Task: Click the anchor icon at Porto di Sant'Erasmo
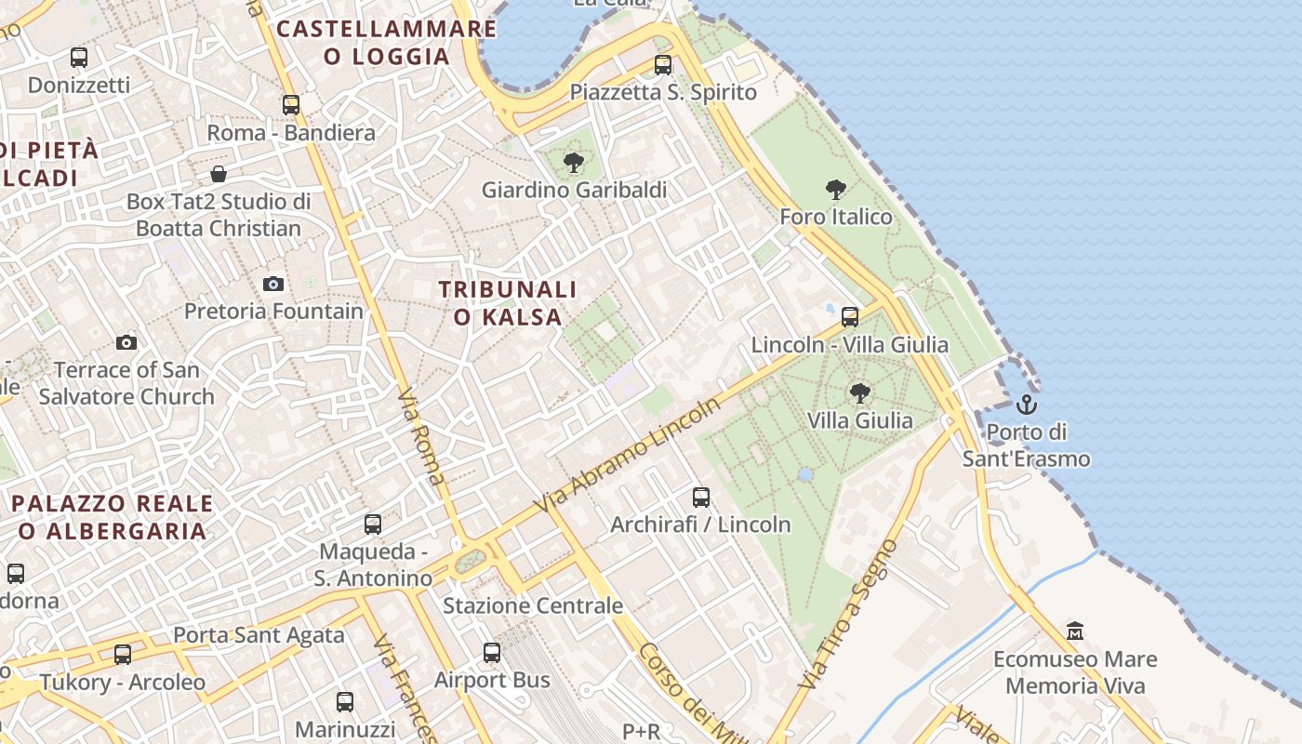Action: [1026, 405]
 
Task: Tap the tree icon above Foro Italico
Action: [836, 190]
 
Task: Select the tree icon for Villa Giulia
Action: [860, 393]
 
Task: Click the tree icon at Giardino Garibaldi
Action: [574, 163]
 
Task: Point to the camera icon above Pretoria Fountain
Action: [272, 284]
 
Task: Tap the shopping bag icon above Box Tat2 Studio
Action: [219, 174]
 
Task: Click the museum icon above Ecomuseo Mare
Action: [1075, 631]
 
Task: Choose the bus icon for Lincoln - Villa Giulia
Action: [849, 317]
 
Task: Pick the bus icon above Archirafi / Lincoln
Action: [700, 498]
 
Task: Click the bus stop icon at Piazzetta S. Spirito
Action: [662, 65]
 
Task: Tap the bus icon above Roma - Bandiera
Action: [291, 105]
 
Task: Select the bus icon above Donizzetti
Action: [79, 58]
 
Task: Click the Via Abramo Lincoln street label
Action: [628, 456]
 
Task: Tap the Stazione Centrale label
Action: [533, 606]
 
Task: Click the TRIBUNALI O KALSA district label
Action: [508, 303]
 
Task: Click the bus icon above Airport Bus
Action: [492, 653]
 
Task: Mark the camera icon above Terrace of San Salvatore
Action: [126, 342]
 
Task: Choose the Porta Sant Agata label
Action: [259, 636]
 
